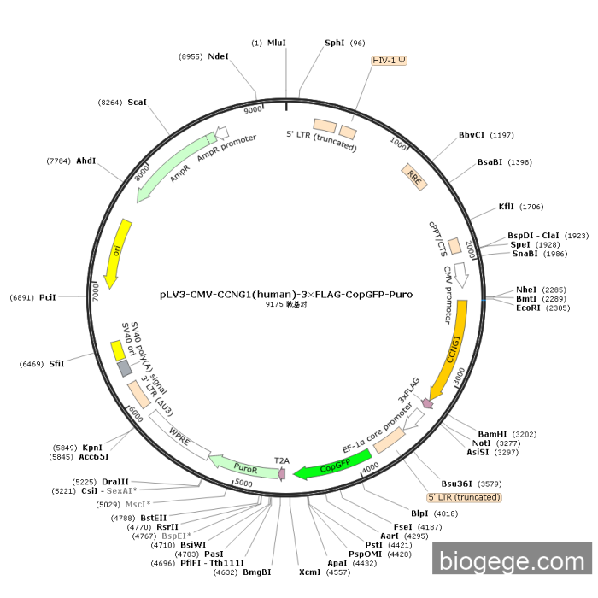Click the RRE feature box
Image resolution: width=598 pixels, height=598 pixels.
[x=414, y=177]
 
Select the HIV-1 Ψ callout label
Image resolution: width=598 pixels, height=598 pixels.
[x=390, y=62]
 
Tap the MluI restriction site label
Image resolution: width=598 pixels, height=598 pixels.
[x=277, y=43]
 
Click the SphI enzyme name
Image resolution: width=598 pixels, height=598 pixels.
[x=335, y=43]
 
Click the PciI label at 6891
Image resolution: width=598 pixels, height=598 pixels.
[x=47, y=297]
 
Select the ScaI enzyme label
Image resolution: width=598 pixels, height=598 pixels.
[x=137, y=102]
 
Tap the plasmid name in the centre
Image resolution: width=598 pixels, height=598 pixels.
[x=285, y=294]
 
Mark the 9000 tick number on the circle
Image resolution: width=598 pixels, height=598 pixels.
[x=254, y=110]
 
